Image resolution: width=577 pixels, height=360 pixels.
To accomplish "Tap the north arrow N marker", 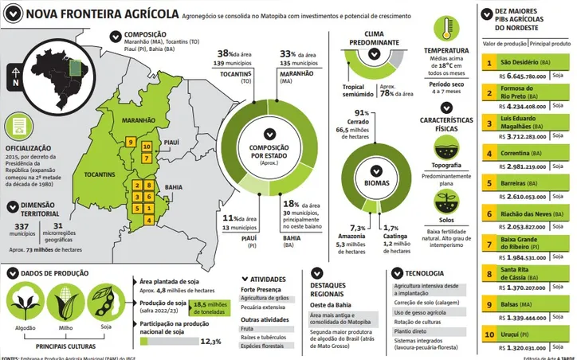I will pyautogui.click(x=15, y=78).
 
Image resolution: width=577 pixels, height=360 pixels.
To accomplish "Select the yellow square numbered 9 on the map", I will pyautogui.click(x=130, y=142).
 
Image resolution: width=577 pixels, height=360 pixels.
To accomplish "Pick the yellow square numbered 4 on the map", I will pyautogui.click(x=147, y=219).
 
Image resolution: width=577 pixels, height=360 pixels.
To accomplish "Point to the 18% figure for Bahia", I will pyautogui.click(x=288, y=204).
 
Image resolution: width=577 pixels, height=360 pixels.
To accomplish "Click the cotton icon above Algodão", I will pyautogui.click(x=24, y=303).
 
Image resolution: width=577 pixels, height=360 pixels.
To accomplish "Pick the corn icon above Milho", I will pyautogui.click(x=65, y=303).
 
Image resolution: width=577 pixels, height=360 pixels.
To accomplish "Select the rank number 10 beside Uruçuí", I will pyautogui.click(x=488, y=336).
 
